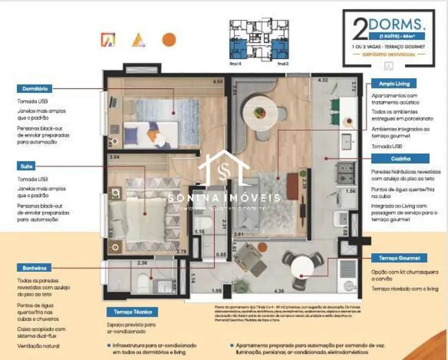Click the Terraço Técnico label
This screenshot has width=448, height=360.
[128, 312]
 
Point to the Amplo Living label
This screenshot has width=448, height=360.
[394, 84]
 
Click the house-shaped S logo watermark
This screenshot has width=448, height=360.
[224, 172]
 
